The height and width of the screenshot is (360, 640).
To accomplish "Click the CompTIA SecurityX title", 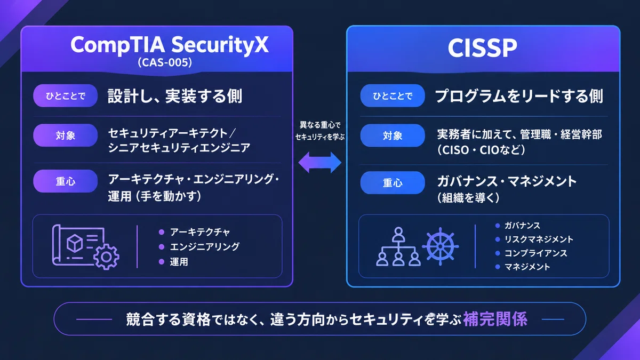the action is coord(170,45).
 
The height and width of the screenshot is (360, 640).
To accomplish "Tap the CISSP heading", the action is coord(482,47).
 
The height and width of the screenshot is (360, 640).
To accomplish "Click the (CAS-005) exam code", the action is coord(165,62).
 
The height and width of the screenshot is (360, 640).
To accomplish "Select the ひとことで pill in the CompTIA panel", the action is coord(66,95).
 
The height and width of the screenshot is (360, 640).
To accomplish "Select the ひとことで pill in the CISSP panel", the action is coord(393,95).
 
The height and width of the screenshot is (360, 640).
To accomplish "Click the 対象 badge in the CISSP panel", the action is coord(393,135).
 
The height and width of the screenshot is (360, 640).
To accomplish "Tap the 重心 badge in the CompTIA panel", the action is coord(66,181).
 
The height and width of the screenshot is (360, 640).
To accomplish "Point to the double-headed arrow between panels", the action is coord(319,163).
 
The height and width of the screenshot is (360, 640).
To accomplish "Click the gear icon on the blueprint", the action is coord(106,257).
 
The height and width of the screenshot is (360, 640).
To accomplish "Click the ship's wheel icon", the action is coord(441,246).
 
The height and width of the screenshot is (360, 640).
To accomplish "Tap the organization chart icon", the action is coord(398,246).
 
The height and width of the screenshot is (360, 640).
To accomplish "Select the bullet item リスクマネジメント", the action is coord(539,239).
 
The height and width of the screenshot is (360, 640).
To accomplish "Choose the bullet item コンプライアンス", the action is coord(535,253).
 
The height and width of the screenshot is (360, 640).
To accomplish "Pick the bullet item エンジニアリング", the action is coord(205,246).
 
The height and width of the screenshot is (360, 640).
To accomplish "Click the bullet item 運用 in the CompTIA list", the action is coord(179,262).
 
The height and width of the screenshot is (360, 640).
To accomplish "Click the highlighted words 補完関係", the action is coord(495,319).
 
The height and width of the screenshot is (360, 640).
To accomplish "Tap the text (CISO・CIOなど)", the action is coord(481,150).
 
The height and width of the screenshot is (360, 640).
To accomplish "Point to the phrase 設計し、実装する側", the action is coord(175,96).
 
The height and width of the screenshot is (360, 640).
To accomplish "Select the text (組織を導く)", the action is coord(468,197).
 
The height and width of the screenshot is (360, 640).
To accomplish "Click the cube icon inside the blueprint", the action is coord(75,243).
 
